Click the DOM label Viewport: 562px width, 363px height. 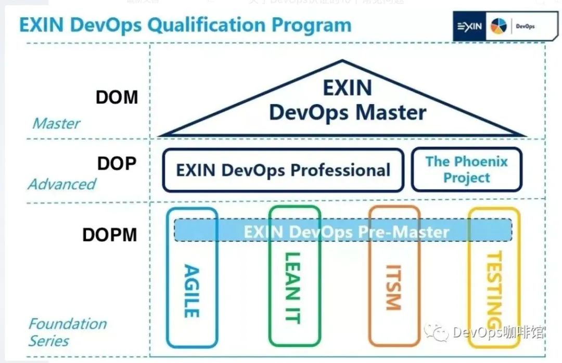coord(117,97)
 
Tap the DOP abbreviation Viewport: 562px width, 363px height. coord(117,163)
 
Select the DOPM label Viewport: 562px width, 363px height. coord(109,235)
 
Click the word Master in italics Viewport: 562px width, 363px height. coord(56,124)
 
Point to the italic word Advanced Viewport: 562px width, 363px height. coord(62,184)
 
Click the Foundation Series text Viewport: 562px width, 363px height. coord(67,332)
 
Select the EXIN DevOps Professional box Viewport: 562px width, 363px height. coord(283,170)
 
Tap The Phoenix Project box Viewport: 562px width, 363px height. coord(466,170)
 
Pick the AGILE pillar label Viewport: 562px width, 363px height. coord(192,291)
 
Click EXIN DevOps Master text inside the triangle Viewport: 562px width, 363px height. coord(347,100)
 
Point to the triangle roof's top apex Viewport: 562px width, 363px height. coord(342,61)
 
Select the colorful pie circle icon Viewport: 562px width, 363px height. coord(498,27)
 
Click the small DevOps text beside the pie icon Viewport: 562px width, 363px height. coord(525,27)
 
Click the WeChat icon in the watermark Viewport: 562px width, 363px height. coord(436,332)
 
